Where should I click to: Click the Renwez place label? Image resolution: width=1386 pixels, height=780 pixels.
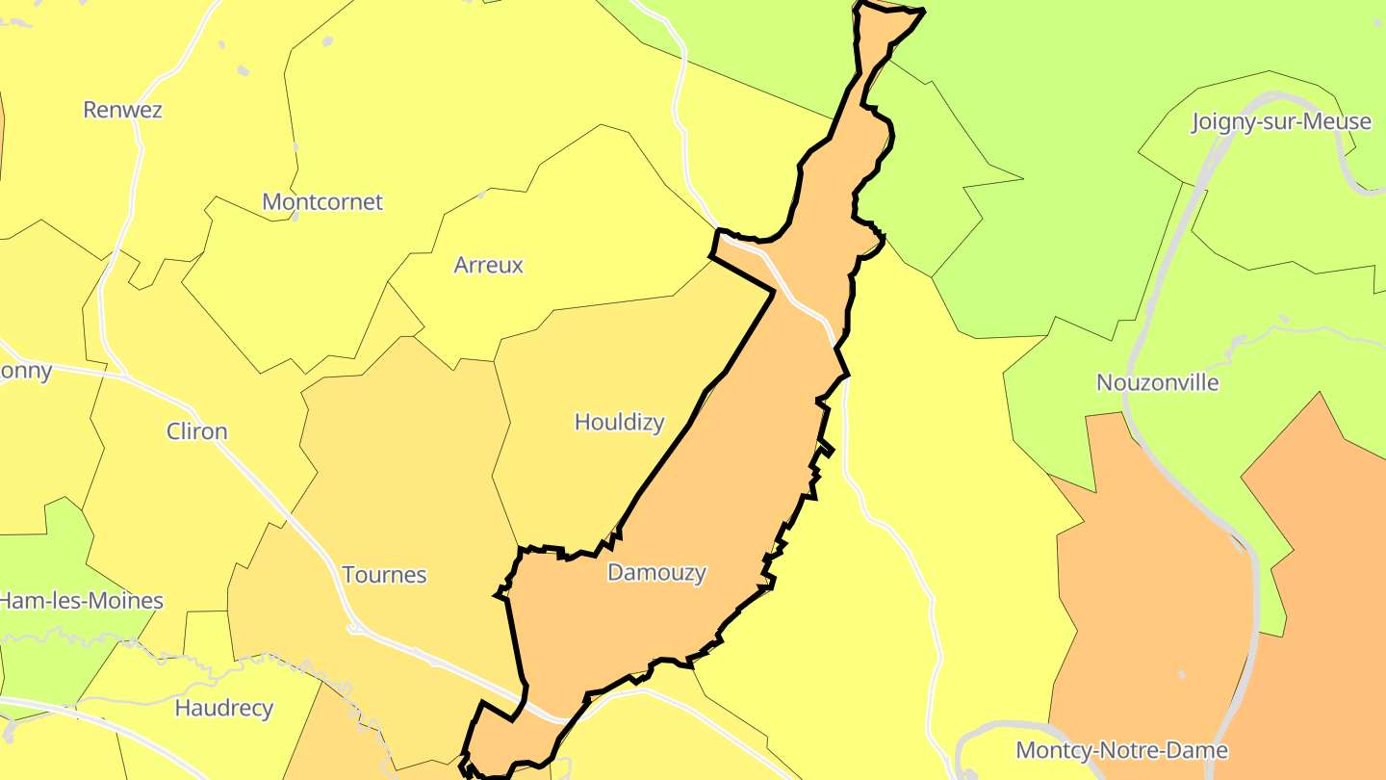[122, 110]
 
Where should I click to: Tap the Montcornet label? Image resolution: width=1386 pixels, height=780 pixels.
[322, 202]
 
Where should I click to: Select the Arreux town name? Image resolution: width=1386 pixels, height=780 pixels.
[488, 265]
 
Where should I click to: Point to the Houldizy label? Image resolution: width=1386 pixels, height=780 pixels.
[619, 422]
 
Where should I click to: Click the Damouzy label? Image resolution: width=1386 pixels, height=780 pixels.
[657, 573]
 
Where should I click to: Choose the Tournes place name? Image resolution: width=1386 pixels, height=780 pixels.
[384, 575]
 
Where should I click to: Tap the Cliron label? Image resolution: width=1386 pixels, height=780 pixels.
[197, 431]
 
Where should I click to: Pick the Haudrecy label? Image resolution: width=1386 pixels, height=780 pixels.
[224, 709]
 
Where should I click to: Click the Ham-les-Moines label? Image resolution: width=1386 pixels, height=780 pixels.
[81, 601]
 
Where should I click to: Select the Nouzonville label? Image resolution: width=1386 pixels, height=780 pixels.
[1158, 382]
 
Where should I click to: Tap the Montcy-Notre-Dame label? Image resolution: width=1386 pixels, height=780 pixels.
[1122, 750]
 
